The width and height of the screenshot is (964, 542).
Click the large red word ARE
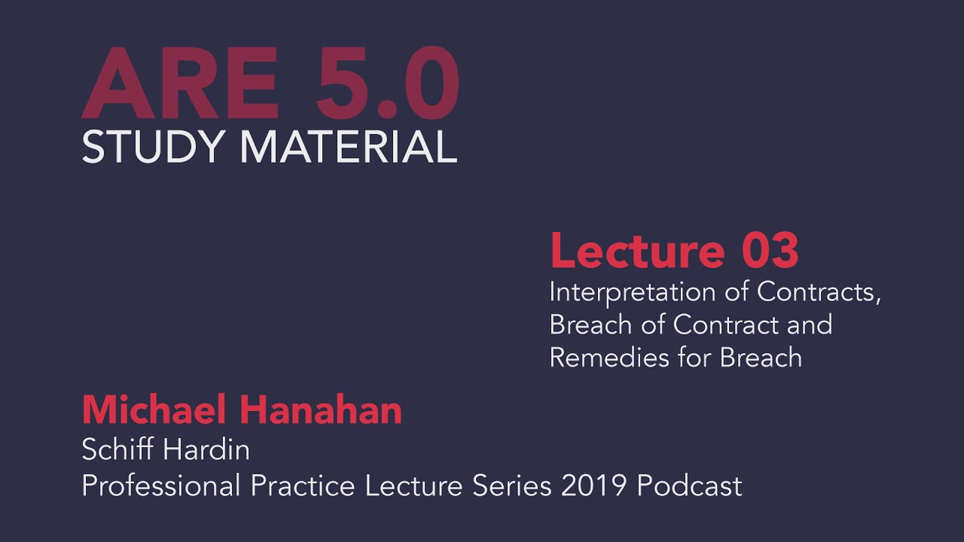point(181,84)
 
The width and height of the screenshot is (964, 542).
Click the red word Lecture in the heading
point(637,251)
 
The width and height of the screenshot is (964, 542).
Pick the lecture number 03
point(770,251)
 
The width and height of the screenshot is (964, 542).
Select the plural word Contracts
point(819,292)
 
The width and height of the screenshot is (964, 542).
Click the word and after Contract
point(809,324)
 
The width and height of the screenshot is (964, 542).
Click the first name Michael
point(155,411)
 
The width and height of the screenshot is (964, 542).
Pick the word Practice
point(304,486)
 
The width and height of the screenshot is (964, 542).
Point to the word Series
point(512,486)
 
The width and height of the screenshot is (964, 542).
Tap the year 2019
point(594,486)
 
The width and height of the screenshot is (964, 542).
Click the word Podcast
point(690,486)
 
